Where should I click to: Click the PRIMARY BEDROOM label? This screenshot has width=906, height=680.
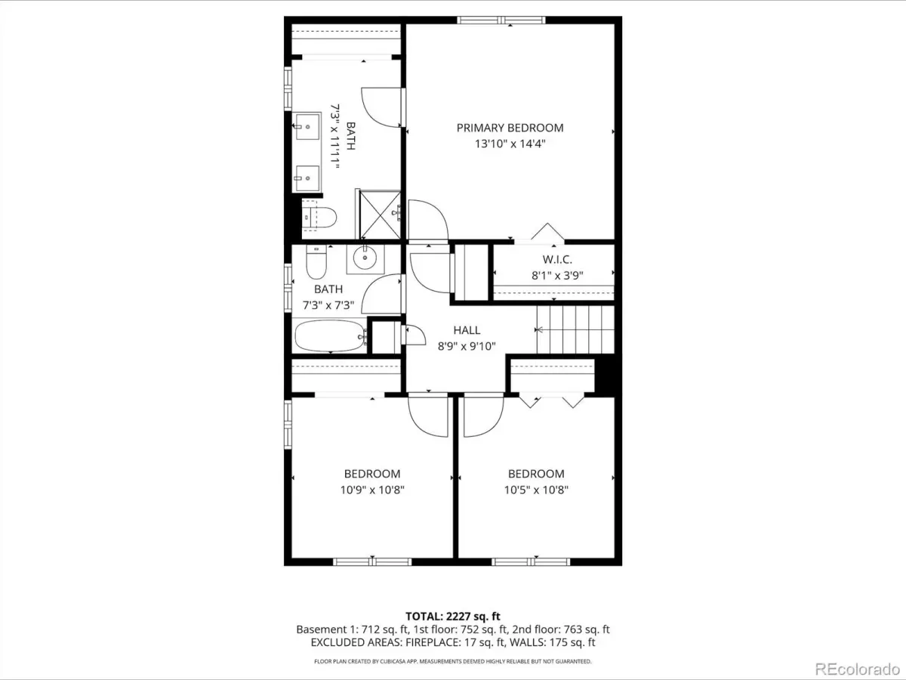[510, 128]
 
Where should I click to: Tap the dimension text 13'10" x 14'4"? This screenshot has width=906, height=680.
[510, 144]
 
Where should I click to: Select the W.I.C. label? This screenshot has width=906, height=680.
[557, 260]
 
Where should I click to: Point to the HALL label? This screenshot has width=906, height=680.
[467, 330]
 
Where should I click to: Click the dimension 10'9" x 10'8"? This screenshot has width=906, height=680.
[372, 490]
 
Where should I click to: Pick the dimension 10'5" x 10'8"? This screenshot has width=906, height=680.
[536, 490]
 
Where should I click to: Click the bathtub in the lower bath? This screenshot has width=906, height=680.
[330, 336]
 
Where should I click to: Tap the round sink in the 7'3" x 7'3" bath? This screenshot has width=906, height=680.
[365, 258]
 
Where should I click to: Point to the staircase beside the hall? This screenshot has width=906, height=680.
[575, 329]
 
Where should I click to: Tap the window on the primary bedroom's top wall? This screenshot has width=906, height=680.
[501, 20]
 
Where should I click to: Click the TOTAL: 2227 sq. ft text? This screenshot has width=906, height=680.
[453, 617]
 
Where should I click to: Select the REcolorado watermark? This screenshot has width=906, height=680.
[858, 669]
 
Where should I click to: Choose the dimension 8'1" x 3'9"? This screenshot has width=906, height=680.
[557, 275]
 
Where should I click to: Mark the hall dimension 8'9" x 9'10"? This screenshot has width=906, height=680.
[467, 346]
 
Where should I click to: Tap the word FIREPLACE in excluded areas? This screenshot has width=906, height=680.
[433, 642]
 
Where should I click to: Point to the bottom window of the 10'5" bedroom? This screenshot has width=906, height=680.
[531, 561]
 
